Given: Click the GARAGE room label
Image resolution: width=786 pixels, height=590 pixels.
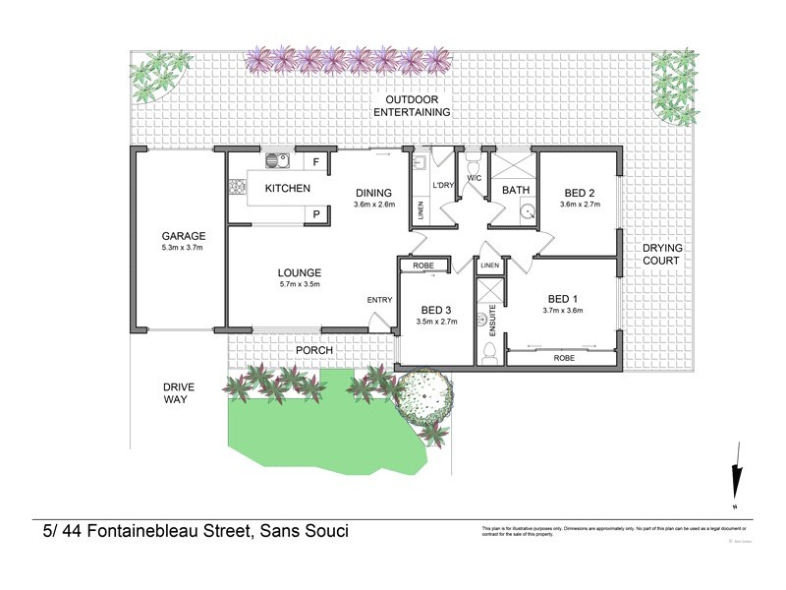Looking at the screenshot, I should [184, 236].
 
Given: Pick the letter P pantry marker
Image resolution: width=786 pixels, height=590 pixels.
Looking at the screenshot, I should [316, 212].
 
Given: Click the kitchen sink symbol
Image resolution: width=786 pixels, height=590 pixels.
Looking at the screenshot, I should [273, 161].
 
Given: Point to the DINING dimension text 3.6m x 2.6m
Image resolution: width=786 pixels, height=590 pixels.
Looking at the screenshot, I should [373, 205].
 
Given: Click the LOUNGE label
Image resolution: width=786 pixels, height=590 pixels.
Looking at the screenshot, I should [300, 272].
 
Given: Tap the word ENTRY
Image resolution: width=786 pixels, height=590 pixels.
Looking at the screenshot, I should [379, 300].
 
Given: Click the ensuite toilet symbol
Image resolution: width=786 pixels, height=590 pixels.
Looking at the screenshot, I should [489, 351].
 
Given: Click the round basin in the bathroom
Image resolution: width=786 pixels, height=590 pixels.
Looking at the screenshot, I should [526, 209].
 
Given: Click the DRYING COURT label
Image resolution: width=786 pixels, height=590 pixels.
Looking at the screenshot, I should [661, 255].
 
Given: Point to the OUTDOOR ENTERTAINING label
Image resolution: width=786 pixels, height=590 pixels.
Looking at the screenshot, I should [418, 106].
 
